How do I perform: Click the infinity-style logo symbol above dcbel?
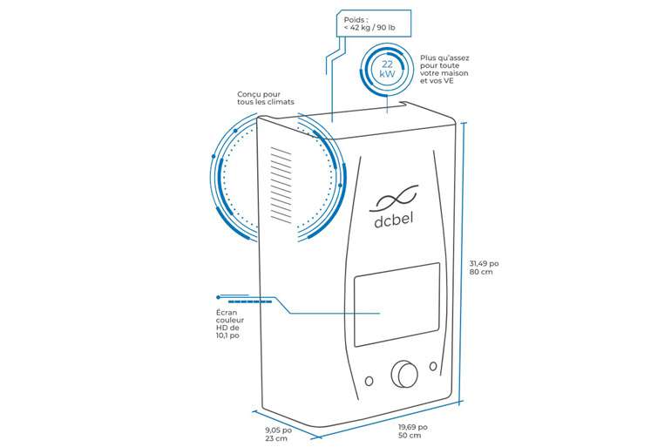coord(397,197)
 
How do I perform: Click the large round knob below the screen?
coord(404,373)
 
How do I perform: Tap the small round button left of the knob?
coord(369,381)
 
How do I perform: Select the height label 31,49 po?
coord(484,262)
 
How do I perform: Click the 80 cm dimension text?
coord(480,273)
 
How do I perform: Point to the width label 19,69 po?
coord(412,426)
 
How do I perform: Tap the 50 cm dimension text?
coord(410,437)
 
